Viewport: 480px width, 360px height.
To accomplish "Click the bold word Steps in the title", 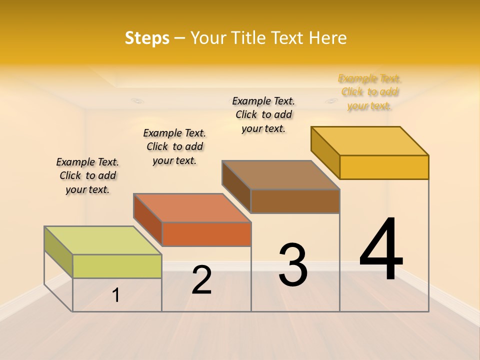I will [x=147, y=38].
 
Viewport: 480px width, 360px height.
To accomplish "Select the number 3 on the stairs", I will [x=293, y=264].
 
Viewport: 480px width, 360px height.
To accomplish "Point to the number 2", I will [x=201, y=280].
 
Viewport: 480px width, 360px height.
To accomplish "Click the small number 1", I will [x=116, y=295].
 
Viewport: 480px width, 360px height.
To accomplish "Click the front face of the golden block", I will [x=384, y=167].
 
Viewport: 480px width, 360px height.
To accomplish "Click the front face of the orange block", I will [x=206, y=234].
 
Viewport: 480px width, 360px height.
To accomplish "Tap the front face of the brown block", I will [x=295, y=201].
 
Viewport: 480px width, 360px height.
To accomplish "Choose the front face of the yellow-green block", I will [x=117, y=266].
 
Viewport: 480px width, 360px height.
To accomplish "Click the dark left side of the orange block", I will [x=148, y=219].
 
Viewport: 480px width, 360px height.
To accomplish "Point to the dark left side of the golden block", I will [x=325, y=152].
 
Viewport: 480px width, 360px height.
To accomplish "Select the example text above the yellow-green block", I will [x=87, y=175].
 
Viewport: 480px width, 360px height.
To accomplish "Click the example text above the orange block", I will [x=174, y=146].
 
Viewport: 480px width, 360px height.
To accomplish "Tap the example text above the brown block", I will [x=263, y=114].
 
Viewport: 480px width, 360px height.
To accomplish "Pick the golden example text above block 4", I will [x=369, y=92].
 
